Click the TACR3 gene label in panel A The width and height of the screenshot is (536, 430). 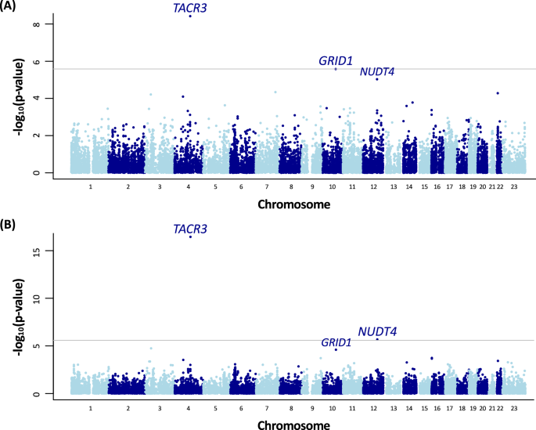pyautogui.click(x=190, y=9)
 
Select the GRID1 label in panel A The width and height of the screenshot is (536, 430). pyautogui.click(x=335, y=60)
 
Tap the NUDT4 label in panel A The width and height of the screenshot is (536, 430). pyautogui.click(x=377, y=72)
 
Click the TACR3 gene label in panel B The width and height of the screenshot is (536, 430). pyautogui.click(x=190, y=229)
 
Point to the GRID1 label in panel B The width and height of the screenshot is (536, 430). pyautogui.click(x=336, y=342)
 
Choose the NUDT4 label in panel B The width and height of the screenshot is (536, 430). pyautogui.click(x=378, y=332)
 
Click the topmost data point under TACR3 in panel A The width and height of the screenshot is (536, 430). pyautogui.click(x=190, y=16)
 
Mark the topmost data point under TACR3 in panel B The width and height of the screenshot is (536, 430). pyautogui.click(x=190, y=237)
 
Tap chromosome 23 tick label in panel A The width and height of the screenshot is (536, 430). pyautogui.click(x=515, y=188)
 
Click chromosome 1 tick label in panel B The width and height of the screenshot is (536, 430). pyautogui.click(x=91, y=409)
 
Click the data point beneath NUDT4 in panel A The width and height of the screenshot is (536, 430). pyautogui.click(x=377, y=79)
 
